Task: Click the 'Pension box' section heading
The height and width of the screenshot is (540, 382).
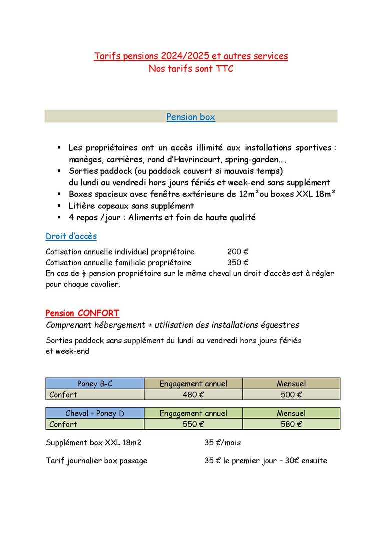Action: point(191,117)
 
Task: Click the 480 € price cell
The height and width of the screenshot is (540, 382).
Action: point(193,395)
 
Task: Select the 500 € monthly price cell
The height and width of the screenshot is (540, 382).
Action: point(291,395)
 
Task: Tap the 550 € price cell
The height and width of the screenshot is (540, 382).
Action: point(193,424)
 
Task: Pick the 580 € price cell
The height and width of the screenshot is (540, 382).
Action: point(291,424)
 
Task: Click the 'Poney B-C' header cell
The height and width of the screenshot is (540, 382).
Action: point(95,384)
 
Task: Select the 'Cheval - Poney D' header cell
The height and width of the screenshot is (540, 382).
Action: point(95,413)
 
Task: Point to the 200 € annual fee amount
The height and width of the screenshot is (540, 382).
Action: point(238,252)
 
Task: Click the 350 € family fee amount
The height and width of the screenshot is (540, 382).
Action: point(238,262)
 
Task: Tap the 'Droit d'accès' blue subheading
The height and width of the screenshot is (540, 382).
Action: point(71,236)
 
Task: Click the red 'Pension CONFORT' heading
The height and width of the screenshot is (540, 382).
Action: point(82,313)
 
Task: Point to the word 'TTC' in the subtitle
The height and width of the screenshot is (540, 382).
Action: point(225,69)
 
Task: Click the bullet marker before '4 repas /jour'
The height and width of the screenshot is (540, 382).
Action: point(59,217)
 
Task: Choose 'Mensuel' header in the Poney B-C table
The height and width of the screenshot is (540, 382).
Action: point(291,384)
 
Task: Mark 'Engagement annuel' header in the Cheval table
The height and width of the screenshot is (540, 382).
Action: point(193,413)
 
